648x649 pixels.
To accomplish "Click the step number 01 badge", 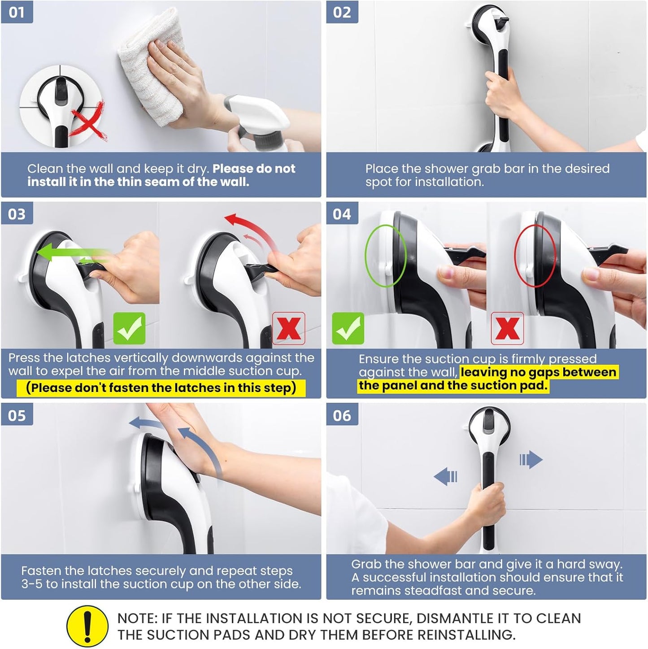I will click(x=17, y=12).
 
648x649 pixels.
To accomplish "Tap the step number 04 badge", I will click(x=342, y=214).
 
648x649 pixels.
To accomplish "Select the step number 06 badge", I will click(x=342, y=415).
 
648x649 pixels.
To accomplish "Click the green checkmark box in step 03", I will click(x=129, y=328).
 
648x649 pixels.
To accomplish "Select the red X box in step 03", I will click(x=288, y=328).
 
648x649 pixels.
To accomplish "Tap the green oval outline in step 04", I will click(x=385, y=256).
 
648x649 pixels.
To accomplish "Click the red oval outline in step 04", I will click(x=535, y=256).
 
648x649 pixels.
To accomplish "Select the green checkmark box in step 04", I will click(x=348, y=328).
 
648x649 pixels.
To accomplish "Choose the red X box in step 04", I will click(x=507, y=328).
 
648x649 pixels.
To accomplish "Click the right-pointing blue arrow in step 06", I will click(x=531, y=460).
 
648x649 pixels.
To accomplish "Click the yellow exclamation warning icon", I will click(x=87, y=626).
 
